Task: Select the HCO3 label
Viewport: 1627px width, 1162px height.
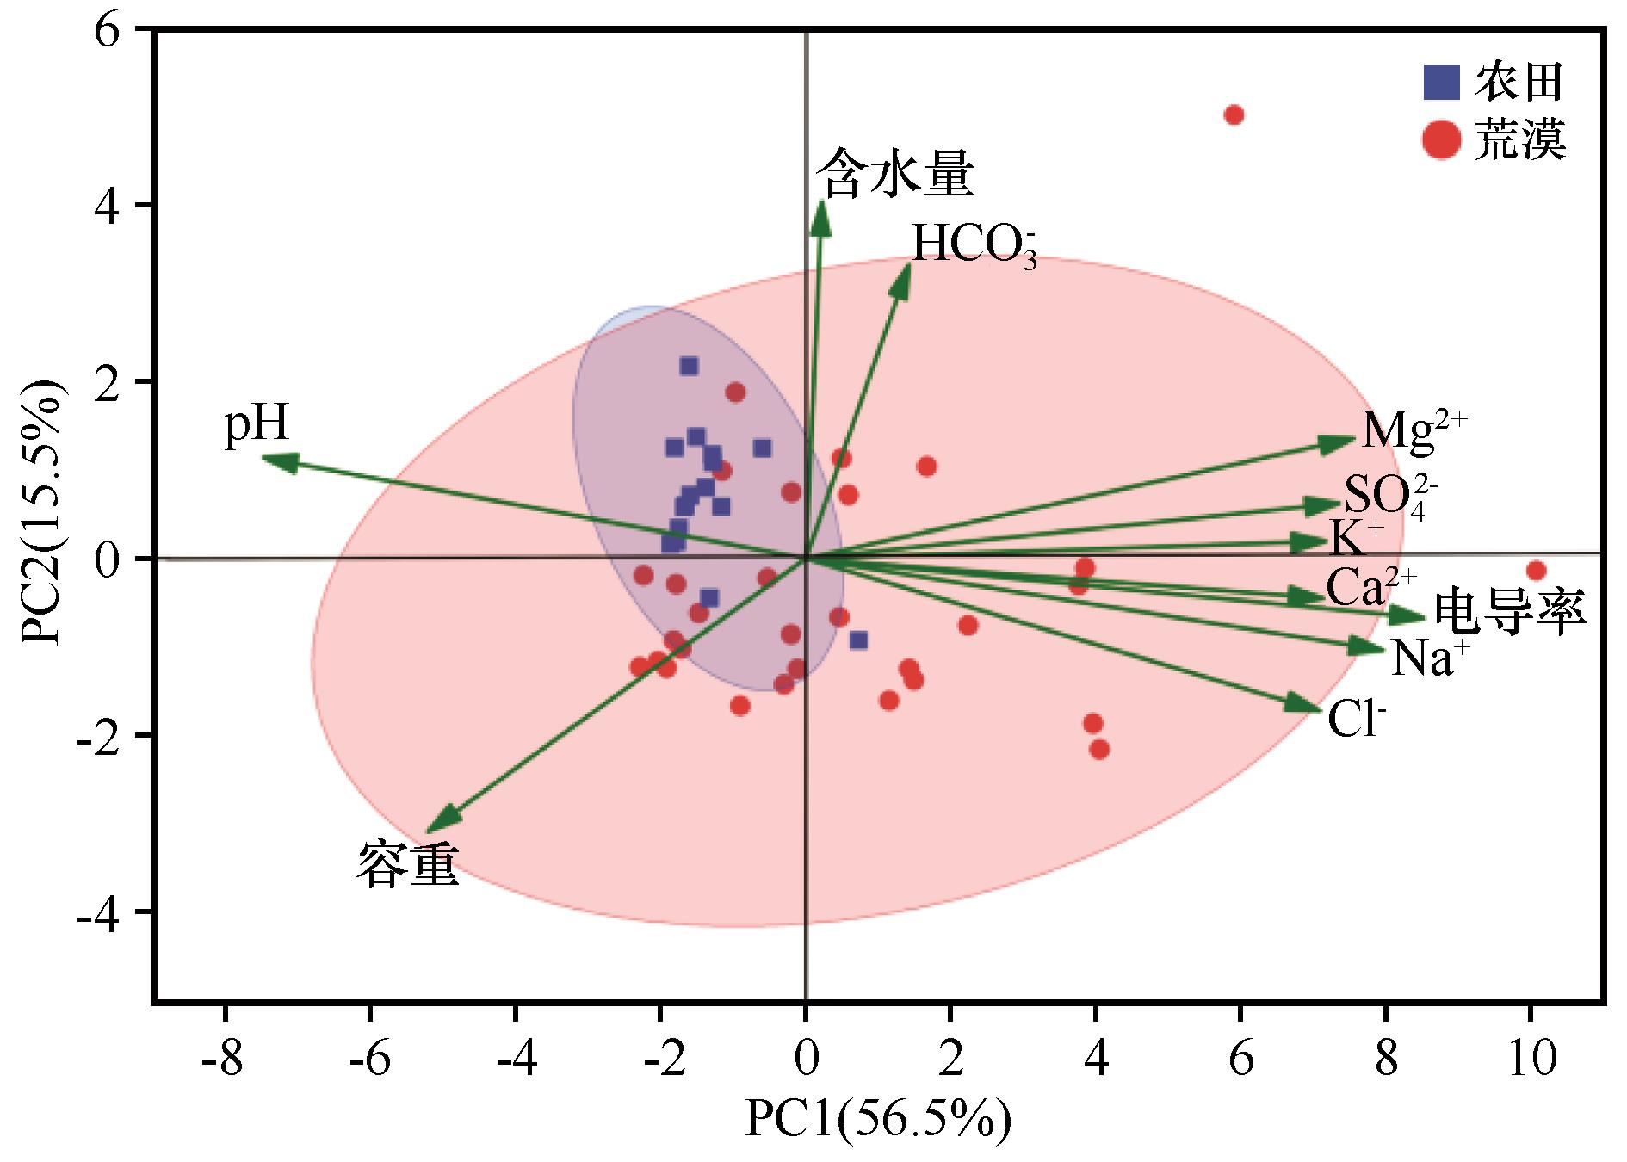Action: tap(973, 245)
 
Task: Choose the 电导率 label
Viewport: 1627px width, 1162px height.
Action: tap(1506, 614)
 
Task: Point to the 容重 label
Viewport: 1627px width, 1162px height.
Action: tap(406, 863)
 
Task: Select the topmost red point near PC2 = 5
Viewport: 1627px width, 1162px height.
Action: tap(1234, 115)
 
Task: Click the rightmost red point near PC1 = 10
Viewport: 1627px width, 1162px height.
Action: tap(1536, 571)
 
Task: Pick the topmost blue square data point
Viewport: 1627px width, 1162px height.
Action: tap(689, 367)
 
